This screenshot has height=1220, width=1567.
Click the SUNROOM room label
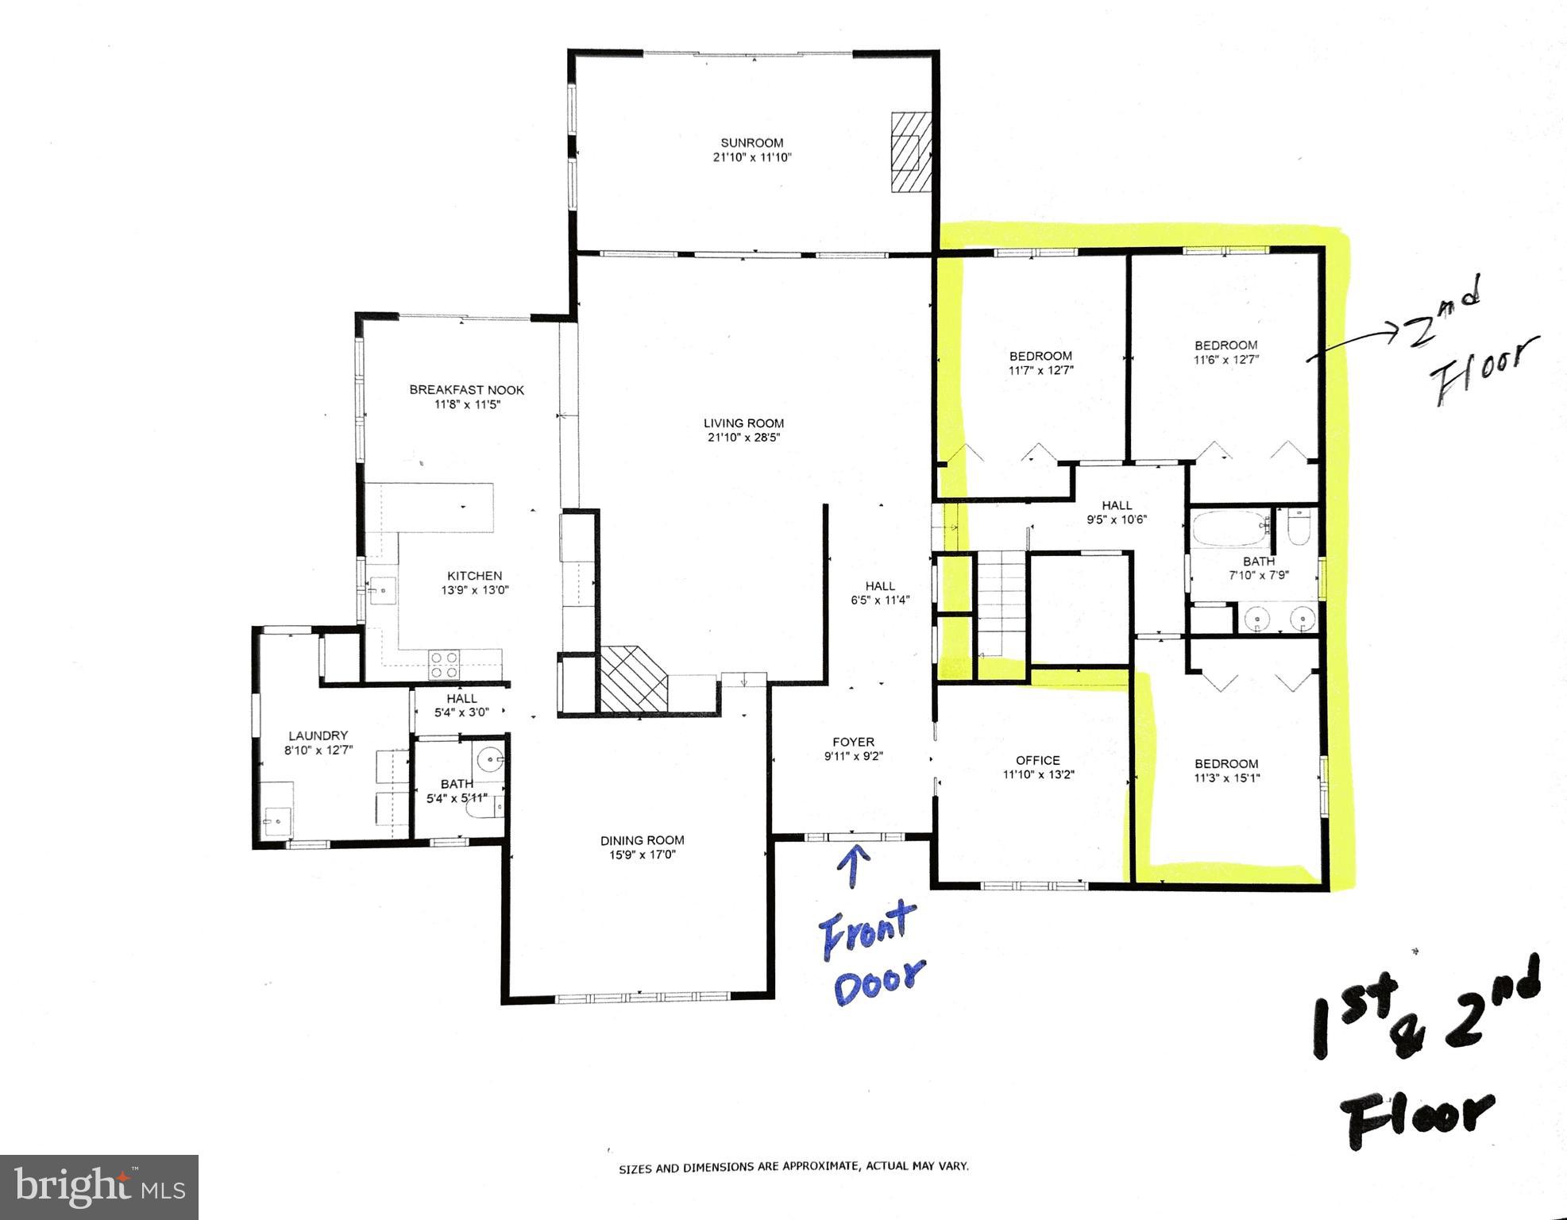[x=751, y=143]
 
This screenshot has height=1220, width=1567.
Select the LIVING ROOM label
[x=743, y=423]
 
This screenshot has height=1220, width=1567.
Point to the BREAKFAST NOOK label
[x=466, y=390]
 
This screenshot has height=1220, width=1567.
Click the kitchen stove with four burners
[x=444, y=664]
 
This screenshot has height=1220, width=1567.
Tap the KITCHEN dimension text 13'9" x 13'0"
[x=474, y=590]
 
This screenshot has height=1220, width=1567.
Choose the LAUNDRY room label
[x=318, y=735]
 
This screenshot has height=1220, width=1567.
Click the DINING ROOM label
[x=642, y=840]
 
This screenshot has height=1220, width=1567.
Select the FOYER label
[x=853, y=743]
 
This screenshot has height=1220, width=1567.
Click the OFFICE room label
[x=1037, y=760]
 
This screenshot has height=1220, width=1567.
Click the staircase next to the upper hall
[x=1002, y=604]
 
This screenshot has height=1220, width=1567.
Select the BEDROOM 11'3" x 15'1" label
[x=1226, y=764]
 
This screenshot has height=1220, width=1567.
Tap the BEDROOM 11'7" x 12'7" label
[x=1040, y=356]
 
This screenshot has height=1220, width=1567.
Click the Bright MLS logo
[x=99, y=1187]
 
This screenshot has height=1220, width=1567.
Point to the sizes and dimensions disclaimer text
[x=793, y=1167]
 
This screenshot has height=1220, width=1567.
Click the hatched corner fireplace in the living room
[x=631, y=678]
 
